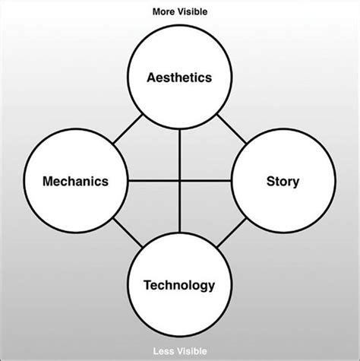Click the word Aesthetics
(180, 77)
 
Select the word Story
(283, 182)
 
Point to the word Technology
(180, 286)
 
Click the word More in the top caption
(164, 11)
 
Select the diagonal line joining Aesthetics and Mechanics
(127, 130)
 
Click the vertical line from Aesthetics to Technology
(180, 152)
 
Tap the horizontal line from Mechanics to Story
(152, 181)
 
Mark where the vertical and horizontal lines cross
(180, 181)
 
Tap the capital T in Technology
(147, 286)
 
